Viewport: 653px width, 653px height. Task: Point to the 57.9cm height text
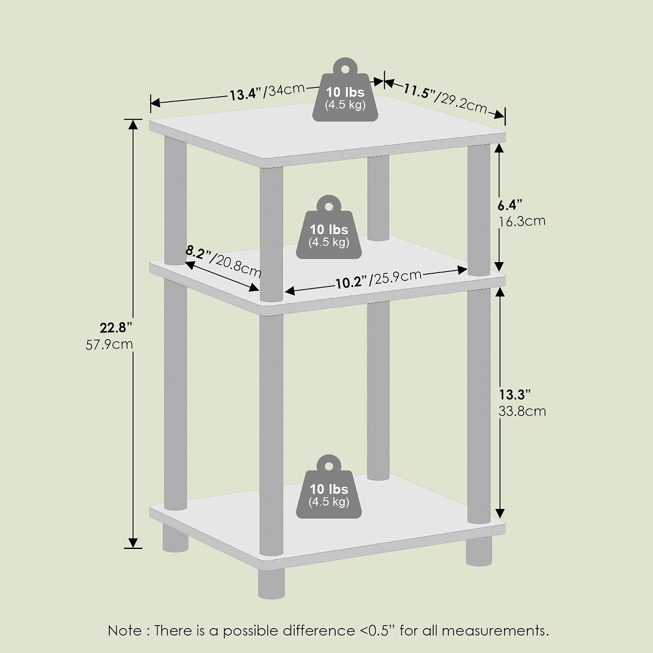click(x=109, y=344)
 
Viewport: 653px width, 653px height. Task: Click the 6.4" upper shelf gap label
click(x=510, y=205)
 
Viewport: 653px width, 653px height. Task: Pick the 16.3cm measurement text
click(x=522, y=221)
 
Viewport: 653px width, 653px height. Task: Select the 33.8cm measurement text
click(x=522, y=411)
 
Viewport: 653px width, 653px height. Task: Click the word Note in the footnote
click(x=125, y=630)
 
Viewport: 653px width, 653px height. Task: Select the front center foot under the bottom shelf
click(x=271, y=583)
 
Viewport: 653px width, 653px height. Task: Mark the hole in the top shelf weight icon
click(x=345, y=69)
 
